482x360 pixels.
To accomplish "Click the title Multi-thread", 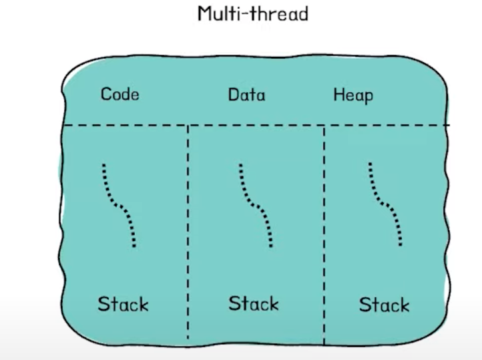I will pyautogui.click(x=252, y=13).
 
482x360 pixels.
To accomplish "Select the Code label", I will pyautogui.click(x=120, y=94).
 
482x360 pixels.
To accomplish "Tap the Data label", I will pyautogui.click(x=246, y=95).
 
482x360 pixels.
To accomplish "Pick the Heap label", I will pyautogui.click(x=353, y=96).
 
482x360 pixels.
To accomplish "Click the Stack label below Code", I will pyautogui.click(x=123, y=305).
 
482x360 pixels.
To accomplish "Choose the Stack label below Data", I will pyautogui.click(x=254, y=304).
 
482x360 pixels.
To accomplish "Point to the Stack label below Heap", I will pyautogui.click(x=384, y=305).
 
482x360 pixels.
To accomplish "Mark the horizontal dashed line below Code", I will pyautogui.click(x=127, y=125).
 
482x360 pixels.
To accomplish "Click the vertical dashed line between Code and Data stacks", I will pyautogui.click(x=188, y=234).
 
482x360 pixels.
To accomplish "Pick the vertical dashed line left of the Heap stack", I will pyautogui.click(x=324, y=234).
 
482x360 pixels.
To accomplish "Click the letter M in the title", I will pyautogui.click(x=205, y=13).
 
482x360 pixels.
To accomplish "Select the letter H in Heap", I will pyautogui.click(x=338, y=95).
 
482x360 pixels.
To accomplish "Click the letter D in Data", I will pyautogui.click(x=233, y=95).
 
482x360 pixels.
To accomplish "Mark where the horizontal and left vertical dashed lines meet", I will pyautogui.click(x=188, y=125).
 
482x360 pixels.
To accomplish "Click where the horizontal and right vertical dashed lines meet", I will pyautogui.click(x=324, y=125).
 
